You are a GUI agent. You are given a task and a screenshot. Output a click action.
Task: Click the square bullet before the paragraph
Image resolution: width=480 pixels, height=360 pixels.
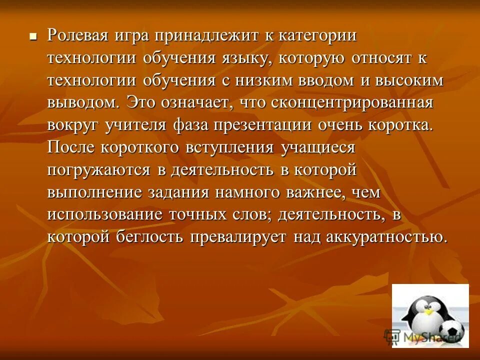33,36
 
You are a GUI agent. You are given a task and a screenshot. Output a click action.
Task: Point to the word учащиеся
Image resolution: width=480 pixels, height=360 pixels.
318,148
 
